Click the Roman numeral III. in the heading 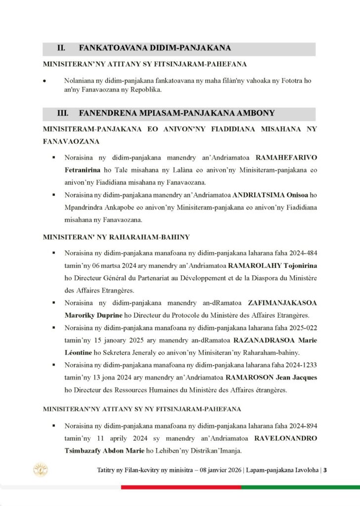[63, 113]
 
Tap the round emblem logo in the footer [40, 469]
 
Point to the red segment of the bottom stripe [180, 487]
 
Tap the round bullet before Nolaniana [45, 80]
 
